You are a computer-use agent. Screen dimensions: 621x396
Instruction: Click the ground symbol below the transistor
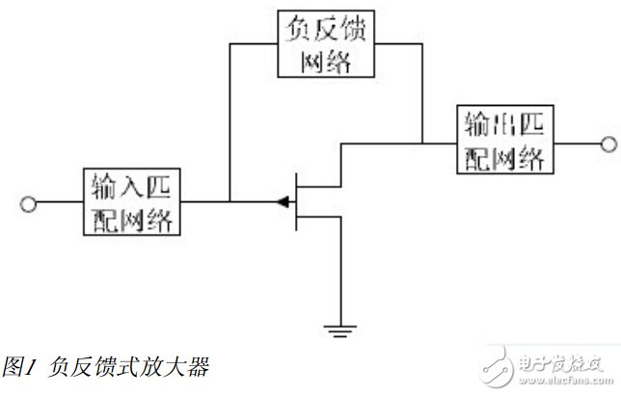pyautogui.click(x=340, y=331)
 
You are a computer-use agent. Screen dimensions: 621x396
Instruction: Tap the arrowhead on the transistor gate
pyautogui.click(x=283, y=201)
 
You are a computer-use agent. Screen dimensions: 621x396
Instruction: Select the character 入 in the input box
pyautogui.click(x=131, y=186)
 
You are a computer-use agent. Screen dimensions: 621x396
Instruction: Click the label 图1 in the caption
pyautogui.click(x=19, y=366)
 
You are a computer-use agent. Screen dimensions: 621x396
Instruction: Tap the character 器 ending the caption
pyautogui.click(x=198, y=366)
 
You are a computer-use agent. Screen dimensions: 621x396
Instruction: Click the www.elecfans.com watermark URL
pyautogui.click(x=566, y=381)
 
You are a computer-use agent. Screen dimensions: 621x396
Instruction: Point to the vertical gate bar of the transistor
pyautogui.click(x=296, y=201)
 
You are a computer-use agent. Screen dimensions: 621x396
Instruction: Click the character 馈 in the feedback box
pyautogui.click(x=353, y=29)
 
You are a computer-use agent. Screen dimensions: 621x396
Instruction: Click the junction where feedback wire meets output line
pyautogui.click(x=422, y=144)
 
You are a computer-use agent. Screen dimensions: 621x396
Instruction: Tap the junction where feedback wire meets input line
pyautogui.click(x=229, y=201)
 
